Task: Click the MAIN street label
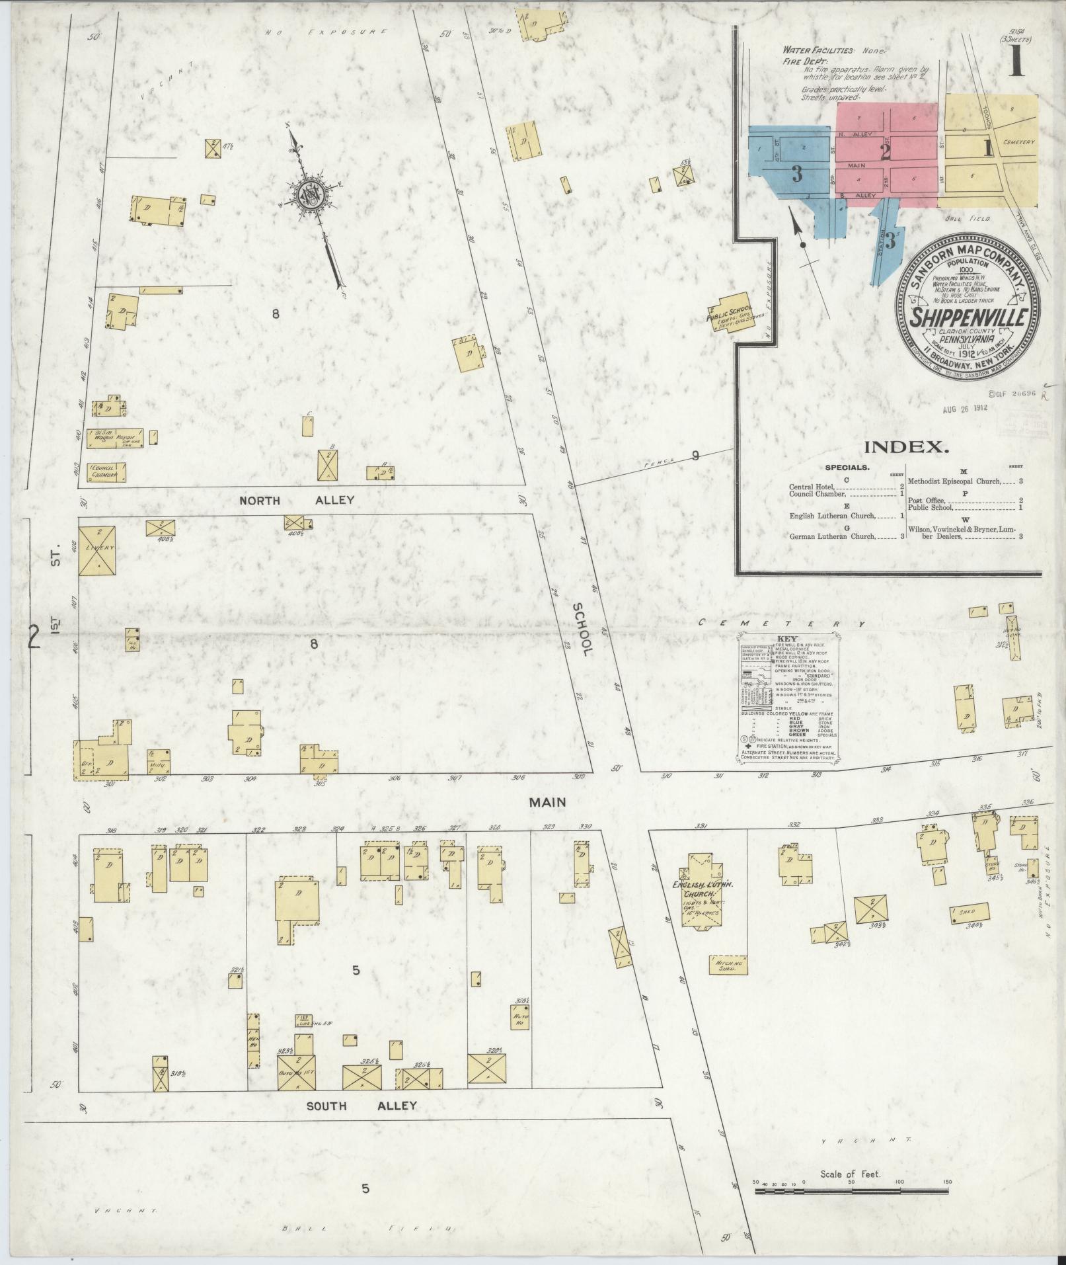547,802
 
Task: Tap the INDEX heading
907,447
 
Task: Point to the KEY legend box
789,700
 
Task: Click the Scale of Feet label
851,1174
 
